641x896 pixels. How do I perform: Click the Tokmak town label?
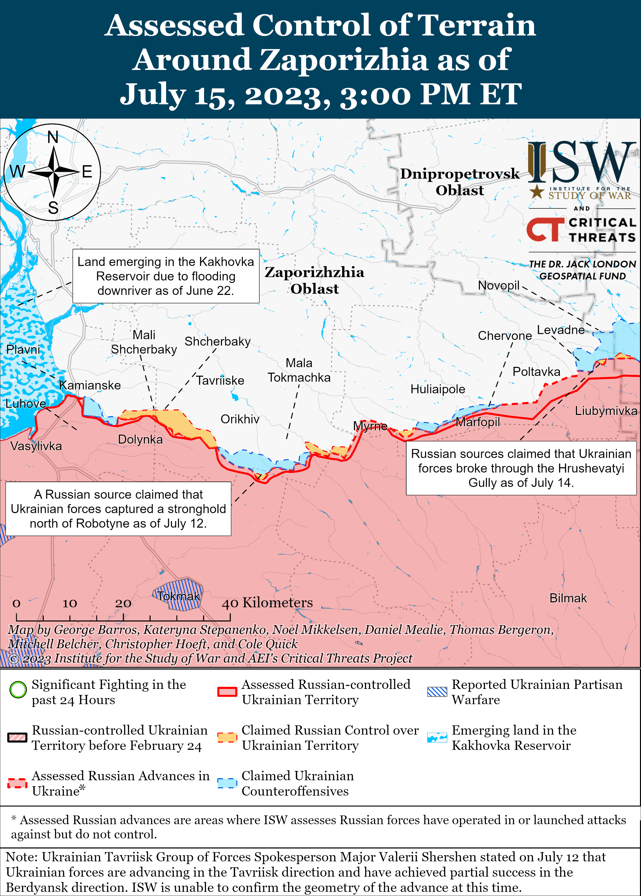tap(178, 596)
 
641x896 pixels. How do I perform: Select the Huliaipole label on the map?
tap(437, 389)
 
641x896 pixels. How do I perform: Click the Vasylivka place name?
tap(36, 446)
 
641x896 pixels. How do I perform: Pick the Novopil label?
tap(498, 285)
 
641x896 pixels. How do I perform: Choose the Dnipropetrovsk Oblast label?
tap(460, 182)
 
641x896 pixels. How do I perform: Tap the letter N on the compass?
tap(53, 137)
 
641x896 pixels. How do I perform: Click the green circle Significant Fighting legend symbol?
tap(18, 690)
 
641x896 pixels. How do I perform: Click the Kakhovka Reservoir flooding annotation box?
tap(166, 276)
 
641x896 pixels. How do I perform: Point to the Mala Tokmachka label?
tap(299, 370)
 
